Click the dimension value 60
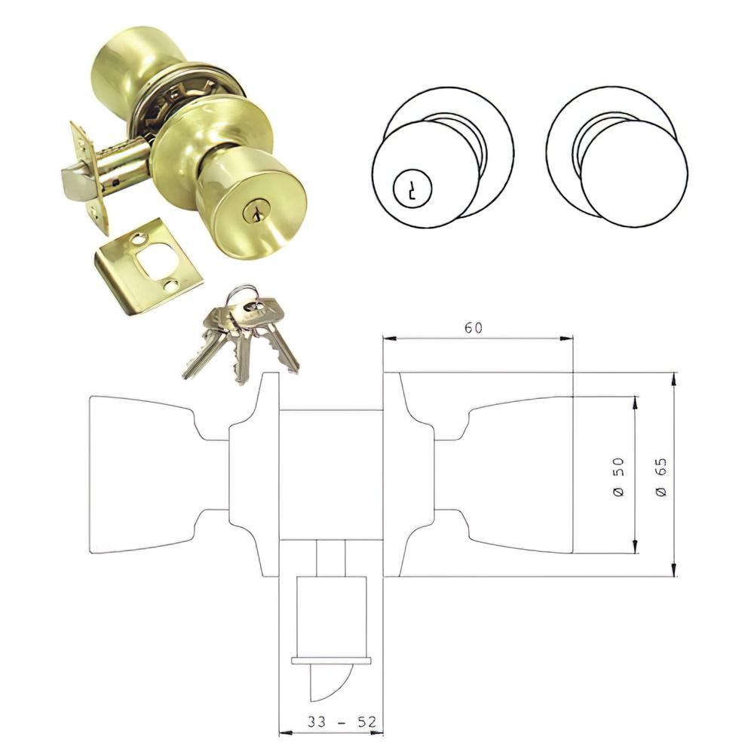pyautogui.click(x=474, y=327)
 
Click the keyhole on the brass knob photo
pyautogui.click(x=250, y=211)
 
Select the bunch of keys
pyautogui.click(x=241, y=332)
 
